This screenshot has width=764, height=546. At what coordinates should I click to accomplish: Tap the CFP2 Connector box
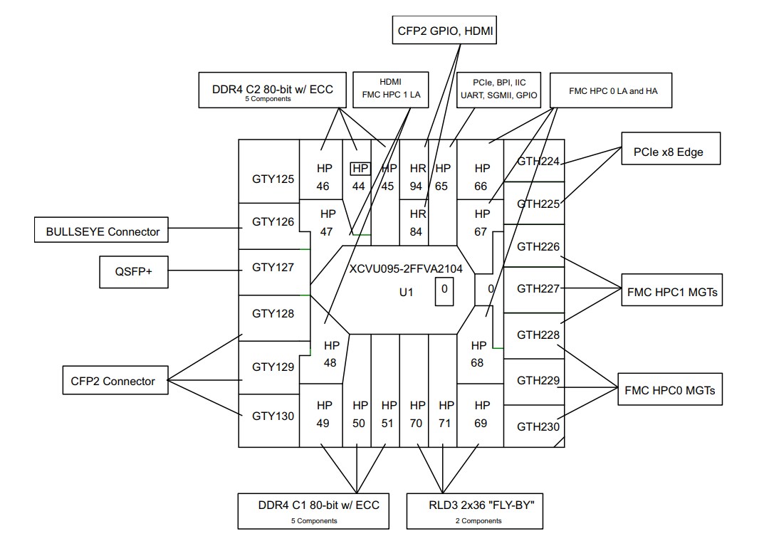pos(114,381)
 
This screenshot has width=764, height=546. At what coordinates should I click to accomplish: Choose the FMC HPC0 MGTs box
pos(669,389)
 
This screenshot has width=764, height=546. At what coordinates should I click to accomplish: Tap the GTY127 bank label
pos(273,268)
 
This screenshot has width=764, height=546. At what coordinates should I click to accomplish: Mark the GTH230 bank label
pos(538,426)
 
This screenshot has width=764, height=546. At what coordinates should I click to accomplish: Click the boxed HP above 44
pos(361,169)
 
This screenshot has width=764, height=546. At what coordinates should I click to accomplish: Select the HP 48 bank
pos(331,354)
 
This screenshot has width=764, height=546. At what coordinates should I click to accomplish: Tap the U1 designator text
pos(407,292)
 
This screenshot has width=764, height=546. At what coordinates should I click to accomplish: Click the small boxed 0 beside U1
pos(444,290)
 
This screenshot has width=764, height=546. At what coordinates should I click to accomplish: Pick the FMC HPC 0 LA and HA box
pos(611,91)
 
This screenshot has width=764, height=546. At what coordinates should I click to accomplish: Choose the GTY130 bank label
pos(273,416)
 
